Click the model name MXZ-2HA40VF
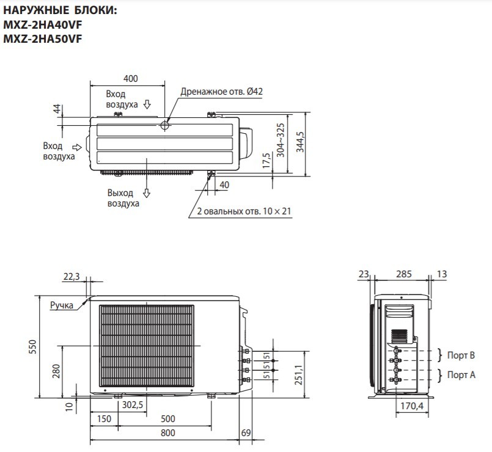[x=42, y=24]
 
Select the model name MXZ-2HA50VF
[x=42, y=38]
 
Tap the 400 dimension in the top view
[x=131, y=78]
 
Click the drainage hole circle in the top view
[x=165, y=126]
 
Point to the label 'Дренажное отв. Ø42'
[x=221, y=92]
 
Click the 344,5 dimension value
[x=300, y=142]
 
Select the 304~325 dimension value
[x=281, y=140]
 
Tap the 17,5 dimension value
[x=266, y=160]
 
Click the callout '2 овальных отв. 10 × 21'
[x=244, y=211]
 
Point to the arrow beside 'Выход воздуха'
[x=147, y=193]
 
